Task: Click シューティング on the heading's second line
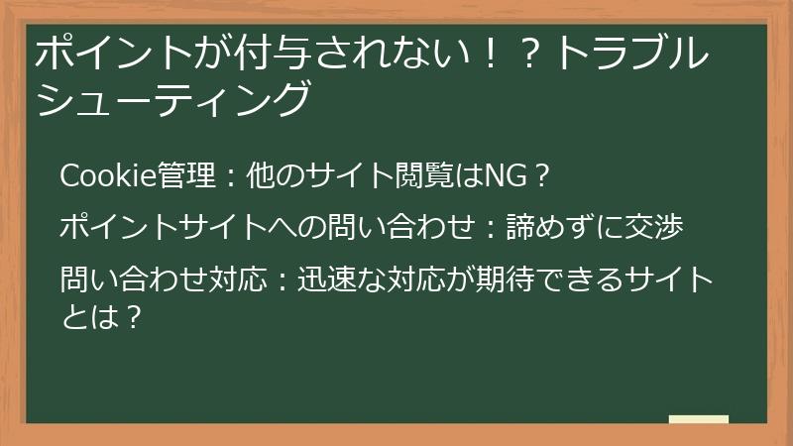173,99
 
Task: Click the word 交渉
658,227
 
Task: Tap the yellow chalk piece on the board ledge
699,420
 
